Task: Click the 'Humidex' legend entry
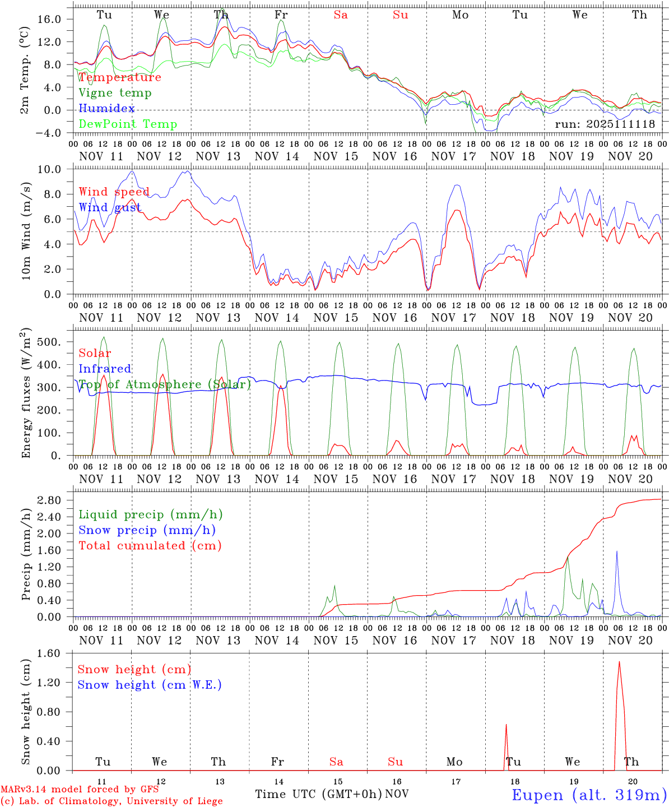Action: (106, 109)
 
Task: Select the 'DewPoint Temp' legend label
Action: (128, 124)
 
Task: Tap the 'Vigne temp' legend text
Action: (115, 93)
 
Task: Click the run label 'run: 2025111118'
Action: (605, 124)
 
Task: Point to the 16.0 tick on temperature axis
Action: (57, 19)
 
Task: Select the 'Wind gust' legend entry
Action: (110, 207)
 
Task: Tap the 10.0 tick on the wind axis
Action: (57, 169)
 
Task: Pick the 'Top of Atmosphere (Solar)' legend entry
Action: (165, 384)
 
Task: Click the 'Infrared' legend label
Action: (105, 369)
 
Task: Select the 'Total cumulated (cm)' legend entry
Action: (150, 546)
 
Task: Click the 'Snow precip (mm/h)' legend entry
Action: (147, 530)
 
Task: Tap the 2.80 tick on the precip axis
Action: (57, 500)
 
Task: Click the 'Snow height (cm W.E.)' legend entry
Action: (150, 685)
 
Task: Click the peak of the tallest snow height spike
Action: (619, 662)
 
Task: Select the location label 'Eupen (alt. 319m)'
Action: (589, 795)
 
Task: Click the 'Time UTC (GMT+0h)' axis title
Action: (318, 794)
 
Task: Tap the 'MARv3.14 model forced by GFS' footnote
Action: (79, 789)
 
